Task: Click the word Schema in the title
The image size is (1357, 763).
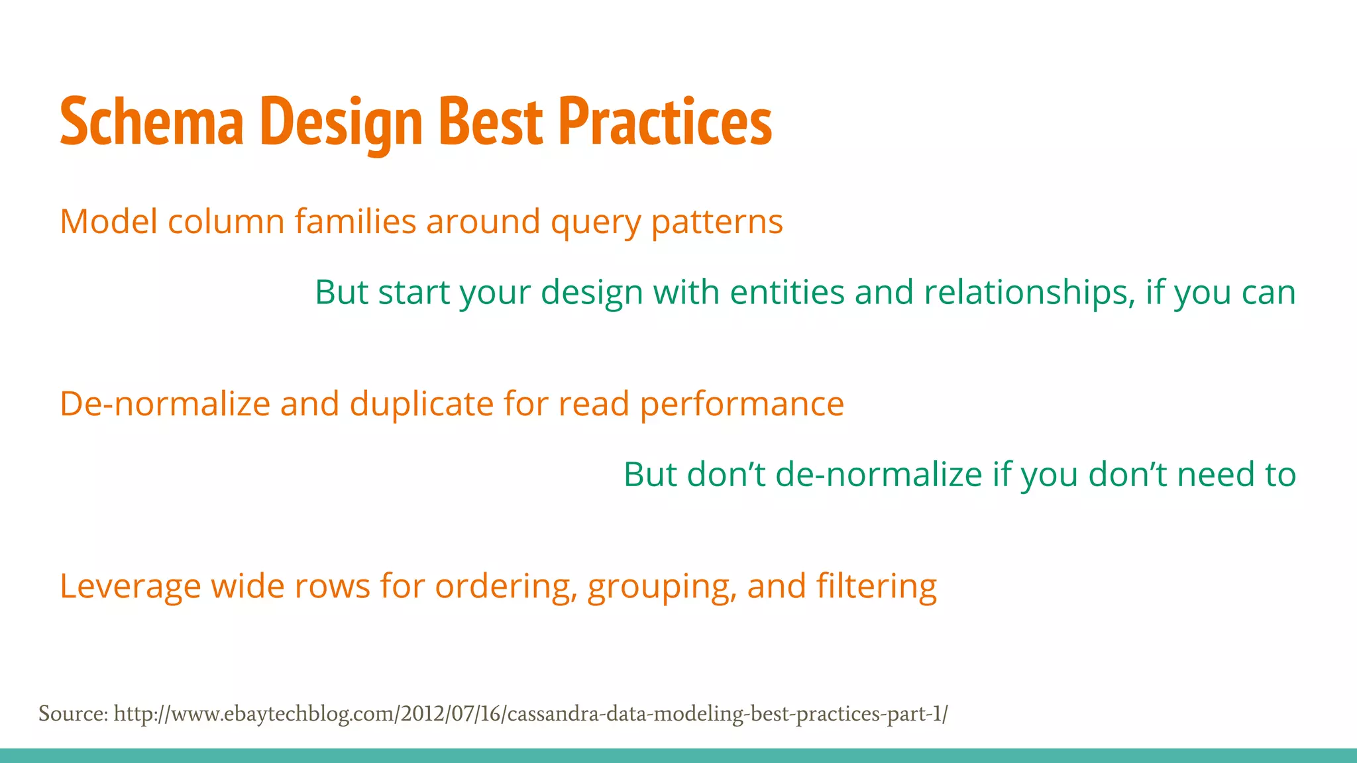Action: [x=152, y=122]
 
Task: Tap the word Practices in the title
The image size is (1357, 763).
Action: [x=665, y=122]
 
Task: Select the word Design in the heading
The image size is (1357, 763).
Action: [x=342, y=123]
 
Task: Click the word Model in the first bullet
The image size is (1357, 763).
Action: [x=108, y=221]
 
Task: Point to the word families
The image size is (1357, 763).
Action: [x=355, y=221]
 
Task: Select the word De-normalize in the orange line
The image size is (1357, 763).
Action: [x=165, y=403]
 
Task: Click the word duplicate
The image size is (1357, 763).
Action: [x=421, y=405]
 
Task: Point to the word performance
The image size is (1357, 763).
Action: [x=741, y=405]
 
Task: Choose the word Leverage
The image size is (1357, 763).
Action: [x=130, y=587]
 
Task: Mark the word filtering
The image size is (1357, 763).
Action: [x=876, y=587]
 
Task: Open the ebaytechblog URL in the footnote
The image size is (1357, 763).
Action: [x=530, y=714]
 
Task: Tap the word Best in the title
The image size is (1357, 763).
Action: [x=490, y=122]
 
